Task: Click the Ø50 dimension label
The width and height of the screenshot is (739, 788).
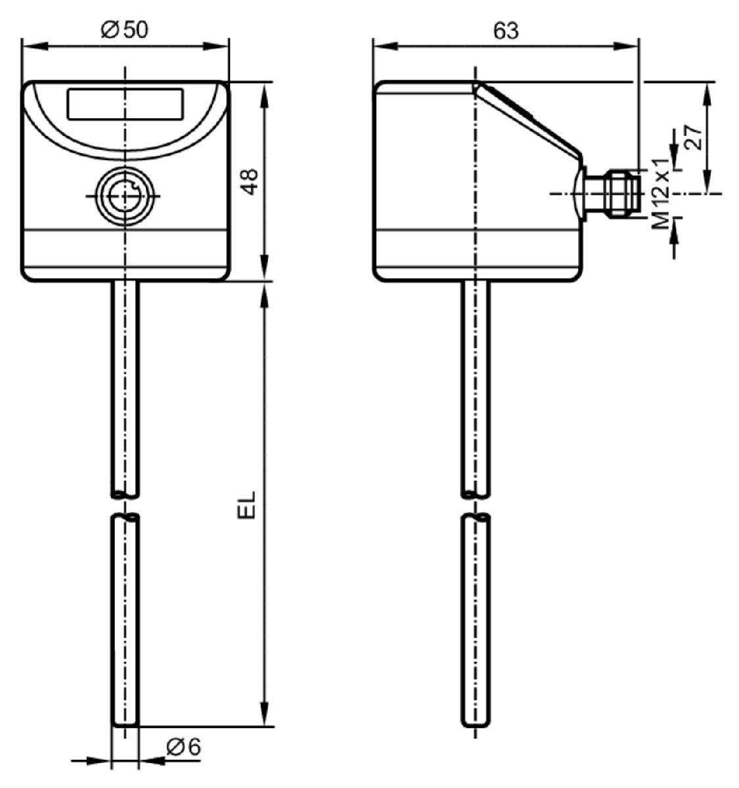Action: (124, 30)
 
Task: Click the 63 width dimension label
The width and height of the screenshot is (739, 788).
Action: (506, 31)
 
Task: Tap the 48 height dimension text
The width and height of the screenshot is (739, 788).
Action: (250, 182)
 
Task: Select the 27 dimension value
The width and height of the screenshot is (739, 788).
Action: (693, 137)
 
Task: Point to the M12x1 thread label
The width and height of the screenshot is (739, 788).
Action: (661, 194)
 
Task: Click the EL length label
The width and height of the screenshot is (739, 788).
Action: (246, 505)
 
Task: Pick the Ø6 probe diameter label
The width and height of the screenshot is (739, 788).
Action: (184, 747)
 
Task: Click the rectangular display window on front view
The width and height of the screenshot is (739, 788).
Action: (125, 104)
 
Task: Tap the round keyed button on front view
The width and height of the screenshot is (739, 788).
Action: (125, 196)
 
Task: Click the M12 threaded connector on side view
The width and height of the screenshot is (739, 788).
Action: (612, 193)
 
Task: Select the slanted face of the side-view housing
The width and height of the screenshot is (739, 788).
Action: (528, 120)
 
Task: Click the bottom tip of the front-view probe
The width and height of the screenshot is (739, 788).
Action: (125, 726)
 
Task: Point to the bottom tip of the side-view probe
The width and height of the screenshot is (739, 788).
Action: (476, 726)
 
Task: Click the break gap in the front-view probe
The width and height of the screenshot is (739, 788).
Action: (125, 506)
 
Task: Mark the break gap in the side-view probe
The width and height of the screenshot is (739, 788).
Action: (476, 506)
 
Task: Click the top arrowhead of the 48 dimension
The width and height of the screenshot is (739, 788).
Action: (265, 96)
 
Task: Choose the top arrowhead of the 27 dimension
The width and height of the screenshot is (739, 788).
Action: (707, 96)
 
